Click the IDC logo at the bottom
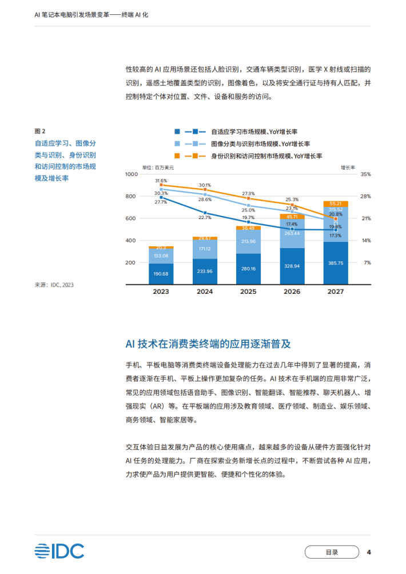[59, 551]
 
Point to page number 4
[369, 552]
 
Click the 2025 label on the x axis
[248, 292]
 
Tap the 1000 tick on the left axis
[132, 174]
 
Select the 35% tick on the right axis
[365, 174]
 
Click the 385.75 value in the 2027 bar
[336, 263]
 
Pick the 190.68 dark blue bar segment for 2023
[161, 274]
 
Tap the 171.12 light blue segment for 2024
[205, 249]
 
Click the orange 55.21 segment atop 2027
[336, 204]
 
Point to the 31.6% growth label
[161, 181]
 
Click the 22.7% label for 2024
[205, 217]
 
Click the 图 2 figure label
[40, 131]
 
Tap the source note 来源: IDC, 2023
[54, 285]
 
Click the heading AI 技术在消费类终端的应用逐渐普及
[208, 344]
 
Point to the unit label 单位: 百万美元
[158, 168]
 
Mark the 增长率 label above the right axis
[348, 168]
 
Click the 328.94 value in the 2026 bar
[292, 266]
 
